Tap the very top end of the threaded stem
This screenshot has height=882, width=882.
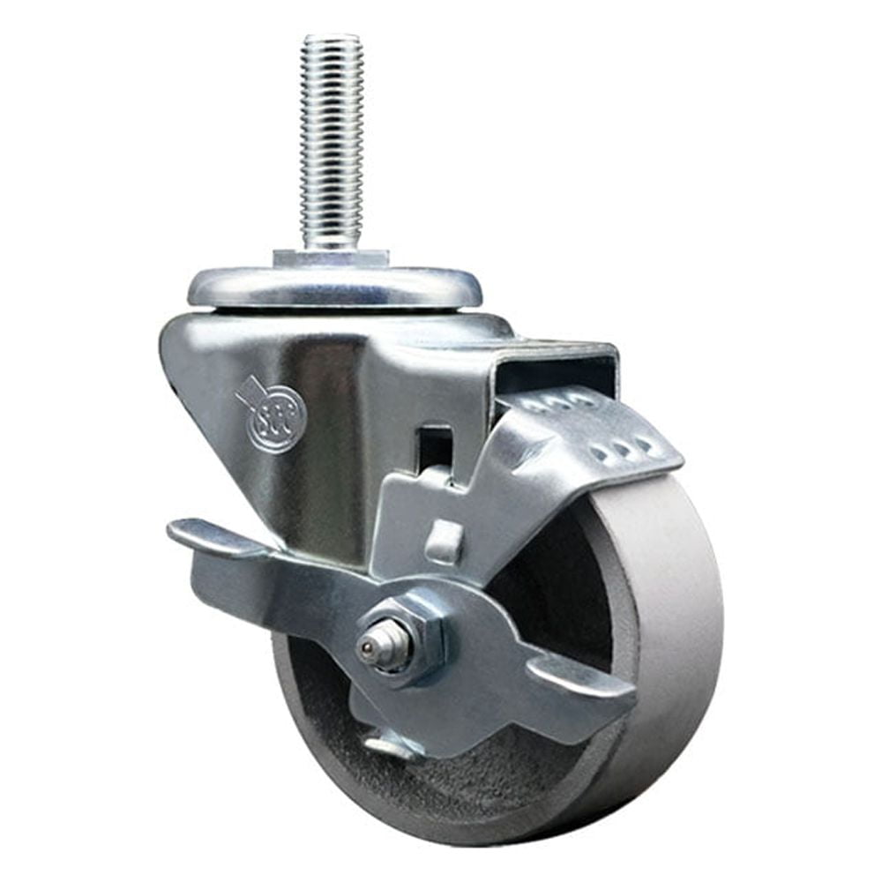(331, 39)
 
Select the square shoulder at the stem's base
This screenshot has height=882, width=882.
(331, 258)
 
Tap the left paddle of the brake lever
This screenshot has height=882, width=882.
(212, 538)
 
